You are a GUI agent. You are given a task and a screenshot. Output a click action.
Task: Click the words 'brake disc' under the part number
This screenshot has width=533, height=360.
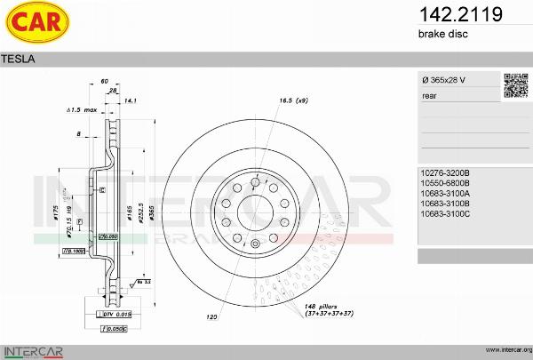tap(442, 34)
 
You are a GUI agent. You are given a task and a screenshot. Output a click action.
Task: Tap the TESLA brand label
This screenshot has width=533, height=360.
tap(19, 59)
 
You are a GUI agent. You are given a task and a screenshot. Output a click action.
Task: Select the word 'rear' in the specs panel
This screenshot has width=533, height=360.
tap(429, 94)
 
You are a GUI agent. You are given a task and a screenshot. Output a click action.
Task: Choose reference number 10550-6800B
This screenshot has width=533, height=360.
tap(444, 182)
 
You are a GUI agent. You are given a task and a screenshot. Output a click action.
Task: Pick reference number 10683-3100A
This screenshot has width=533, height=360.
tap(444, 193)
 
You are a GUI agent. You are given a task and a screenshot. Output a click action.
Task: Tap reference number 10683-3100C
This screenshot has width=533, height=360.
tap(444, 214)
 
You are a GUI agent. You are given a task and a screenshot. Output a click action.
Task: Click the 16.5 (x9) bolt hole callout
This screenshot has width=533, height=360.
tap(292, 100)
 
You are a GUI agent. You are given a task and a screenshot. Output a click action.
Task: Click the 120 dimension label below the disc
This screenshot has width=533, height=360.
tap(212, 316)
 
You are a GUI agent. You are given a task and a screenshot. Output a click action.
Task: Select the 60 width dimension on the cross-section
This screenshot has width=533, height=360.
tap(105, 81)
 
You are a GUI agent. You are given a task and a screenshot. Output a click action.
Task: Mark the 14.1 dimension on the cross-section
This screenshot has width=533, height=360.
tap(131, 101)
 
